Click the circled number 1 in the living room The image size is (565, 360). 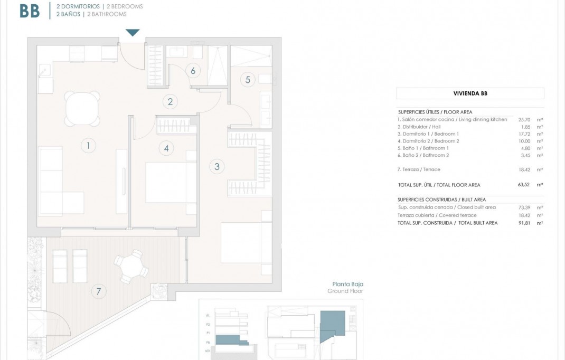tap(89, 146)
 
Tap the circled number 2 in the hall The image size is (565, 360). tap(170, 102)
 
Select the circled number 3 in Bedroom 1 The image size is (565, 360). tap(216, 167)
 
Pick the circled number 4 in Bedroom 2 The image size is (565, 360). tap(166, 148)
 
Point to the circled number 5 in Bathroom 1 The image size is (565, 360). tap(247, 80)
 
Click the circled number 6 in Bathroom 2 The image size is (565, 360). tap(193, 71)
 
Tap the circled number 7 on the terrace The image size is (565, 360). tap(98, 291)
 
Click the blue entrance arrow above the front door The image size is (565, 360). tap(133, 33)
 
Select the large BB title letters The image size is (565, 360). tap(30, 11)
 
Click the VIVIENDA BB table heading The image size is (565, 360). tap(470, 93)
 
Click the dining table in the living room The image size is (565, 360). tap(82, 108)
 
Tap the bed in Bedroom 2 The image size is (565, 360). tap(171, 183)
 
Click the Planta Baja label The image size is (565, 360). tap(347, 284)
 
